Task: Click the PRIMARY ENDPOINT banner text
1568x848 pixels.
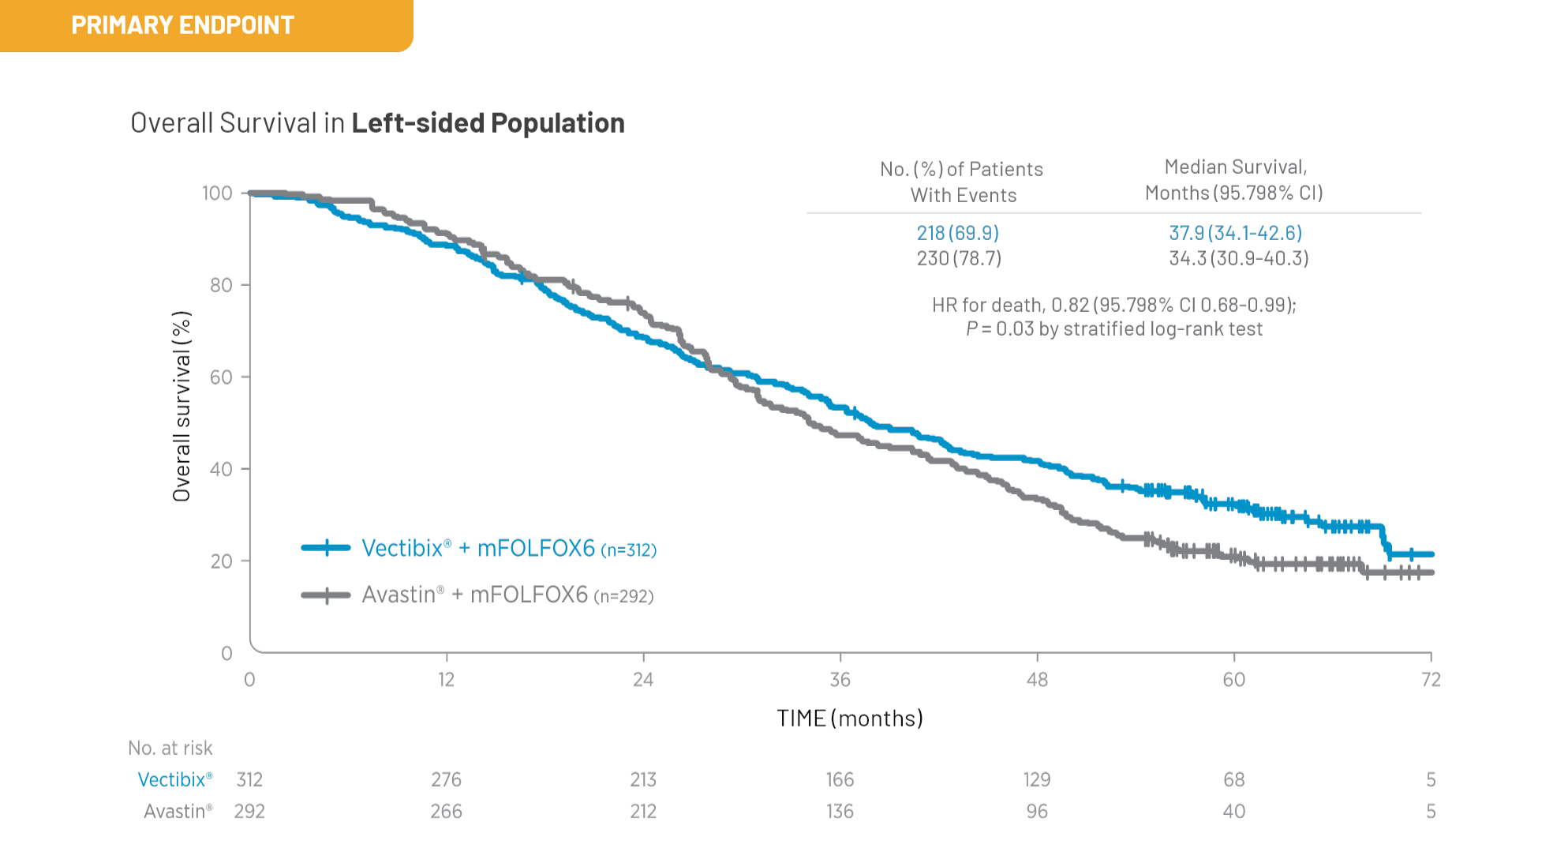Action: point(182,25)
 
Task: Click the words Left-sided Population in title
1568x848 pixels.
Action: point(488,123)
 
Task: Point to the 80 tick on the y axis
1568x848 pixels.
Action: point(221,285)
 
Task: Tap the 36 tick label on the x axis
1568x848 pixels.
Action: point(840,680)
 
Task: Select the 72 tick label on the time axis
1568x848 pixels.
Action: point(1430,680)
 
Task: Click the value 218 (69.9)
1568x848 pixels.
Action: point(957,233)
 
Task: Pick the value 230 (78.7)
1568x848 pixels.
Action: point(958,258)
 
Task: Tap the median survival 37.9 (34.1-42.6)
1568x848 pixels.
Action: point(1235,233)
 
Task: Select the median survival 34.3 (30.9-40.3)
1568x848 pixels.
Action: point(1238,258)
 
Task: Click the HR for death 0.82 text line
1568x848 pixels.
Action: point(1113,305)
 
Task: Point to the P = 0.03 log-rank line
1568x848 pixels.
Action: point(1113,329)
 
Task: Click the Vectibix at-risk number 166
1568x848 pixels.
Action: point(840,780)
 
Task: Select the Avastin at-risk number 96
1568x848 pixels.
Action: point(1036,812)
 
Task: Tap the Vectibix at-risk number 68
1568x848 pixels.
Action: point(1233,780)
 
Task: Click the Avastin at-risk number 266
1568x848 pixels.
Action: point(446,812)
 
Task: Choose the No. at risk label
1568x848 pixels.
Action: point(170,748)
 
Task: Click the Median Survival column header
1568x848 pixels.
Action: point(1234,179)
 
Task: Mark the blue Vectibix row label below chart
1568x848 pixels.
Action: point(174,780)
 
